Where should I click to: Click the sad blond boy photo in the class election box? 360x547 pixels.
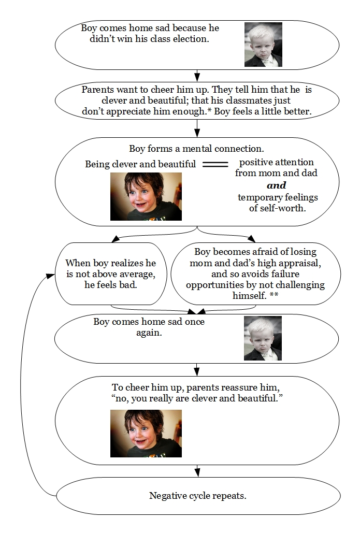pyautogui.click(x=263, y=45)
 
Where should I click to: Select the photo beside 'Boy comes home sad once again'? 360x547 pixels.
pyautogui.click(x=263, y=338)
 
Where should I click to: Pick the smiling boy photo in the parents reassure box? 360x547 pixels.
pyautogui.click(x=146, y=434)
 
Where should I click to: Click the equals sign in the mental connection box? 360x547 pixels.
pyautogui.click(x=215, y=164)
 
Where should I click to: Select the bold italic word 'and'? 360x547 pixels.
pyautogui.click(x=276, y=185)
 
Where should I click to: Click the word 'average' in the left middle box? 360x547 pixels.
pyautogui.click(x=136, y=274)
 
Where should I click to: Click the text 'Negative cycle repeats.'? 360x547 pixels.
pyautogui.click(x=197, y=496)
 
